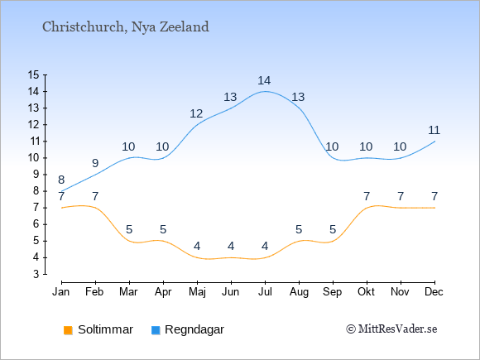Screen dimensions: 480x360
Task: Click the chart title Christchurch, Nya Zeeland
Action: tap(126, 27)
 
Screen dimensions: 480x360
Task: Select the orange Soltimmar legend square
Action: tap(68, 330)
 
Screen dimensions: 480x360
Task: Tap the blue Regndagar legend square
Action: tap(156, 330)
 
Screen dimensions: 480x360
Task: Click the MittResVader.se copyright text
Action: tap(391, 329)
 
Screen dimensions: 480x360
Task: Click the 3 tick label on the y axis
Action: tap(36, 274)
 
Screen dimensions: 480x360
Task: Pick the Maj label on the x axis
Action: tap(197, 292)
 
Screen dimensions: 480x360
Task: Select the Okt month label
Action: tap(366, 292)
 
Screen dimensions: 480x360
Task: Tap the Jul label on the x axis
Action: tap(265, 292)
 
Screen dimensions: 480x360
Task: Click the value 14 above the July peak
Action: tap(264, 80)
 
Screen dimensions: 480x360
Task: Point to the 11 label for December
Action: tap(434, 131)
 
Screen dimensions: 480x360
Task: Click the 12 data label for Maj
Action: tap(196, 114)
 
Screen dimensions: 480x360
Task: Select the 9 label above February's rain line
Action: tap(95, 163)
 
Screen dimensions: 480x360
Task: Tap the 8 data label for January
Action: tap(61, 180)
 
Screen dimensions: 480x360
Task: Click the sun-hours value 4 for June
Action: tap(231, 246)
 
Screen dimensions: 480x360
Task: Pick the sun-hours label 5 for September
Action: tap(333, 229)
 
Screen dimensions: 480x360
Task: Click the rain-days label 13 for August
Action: tap(298, 97)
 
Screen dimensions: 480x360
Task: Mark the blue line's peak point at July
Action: tap(265, 91)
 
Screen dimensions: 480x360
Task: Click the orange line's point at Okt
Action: tap(367, 208)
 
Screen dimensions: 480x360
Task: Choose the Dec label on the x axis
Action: tap(434, 292)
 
